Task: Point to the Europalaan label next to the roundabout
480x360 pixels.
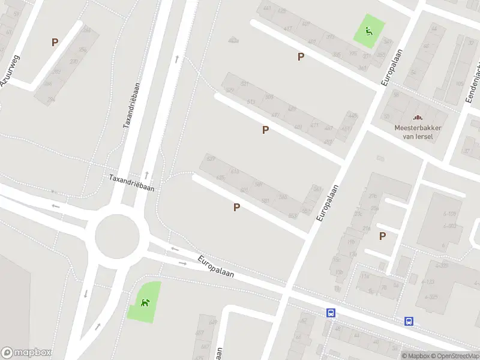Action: click(x=216, y=267)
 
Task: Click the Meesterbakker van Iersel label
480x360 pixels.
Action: click(x=418, y=132)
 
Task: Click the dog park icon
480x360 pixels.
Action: click(x=145, y=302)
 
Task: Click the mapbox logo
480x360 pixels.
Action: click(x=26, y=353)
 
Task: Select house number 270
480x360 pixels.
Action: click(x=74, y=61)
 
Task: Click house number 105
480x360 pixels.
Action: click(x=460, y=84)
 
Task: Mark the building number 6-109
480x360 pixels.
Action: click(x=449, y=214)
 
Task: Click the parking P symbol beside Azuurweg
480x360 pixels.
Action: click(x=55, y=43)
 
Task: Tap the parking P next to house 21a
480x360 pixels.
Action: click(x=382, y=236)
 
